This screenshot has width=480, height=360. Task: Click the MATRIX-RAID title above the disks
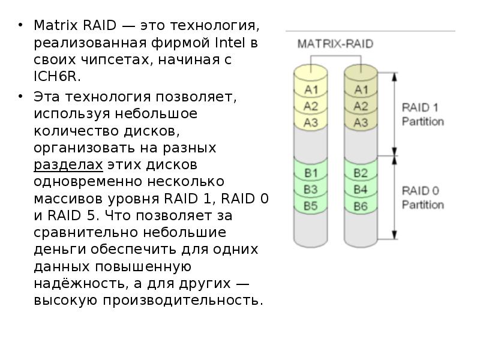(x=335, y=44)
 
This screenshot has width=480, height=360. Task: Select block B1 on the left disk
(x=310, y=173)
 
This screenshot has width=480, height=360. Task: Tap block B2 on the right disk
(x=361, y=173)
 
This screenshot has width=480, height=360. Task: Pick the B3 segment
(x=310, y=190)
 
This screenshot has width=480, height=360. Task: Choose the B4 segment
(x=361, y=190)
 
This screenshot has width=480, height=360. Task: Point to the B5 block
(x=310, y=206)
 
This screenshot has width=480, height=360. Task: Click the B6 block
(x=361, y=206)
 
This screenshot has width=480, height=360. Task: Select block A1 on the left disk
(x=310, y=90)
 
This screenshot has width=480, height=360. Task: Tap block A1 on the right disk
(x=361, y=90)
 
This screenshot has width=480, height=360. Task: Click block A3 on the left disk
(x=310, y=122)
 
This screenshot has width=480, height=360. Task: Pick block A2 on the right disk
(x=361, y=106)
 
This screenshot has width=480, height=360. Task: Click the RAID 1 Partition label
(x=422, y=114)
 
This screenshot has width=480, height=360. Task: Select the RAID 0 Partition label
(x=422, y=197)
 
